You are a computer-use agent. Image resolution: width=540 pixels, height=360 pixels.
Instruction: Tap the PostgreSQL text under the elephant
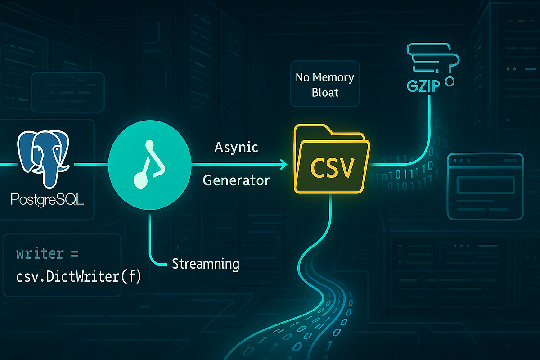(48, 199)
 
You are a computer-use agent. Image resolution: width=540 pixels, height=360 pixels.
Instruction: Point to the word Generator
(236, 180)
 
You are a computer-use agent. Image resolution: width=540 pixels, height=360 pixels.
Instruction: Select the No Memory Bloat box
(324, 85)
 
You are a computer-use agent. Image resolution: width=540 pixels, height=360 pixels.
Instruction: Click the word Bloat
(325, 93)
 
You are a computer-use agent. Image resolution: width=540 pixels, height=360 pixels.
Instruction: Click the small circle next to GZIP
(449, 82)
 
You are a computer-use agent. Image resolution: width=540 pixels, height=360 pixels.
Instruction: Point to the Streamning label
(206, 264)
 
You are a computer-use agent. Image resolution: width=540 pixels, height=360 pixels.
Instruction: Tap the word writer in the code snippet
(40, 253)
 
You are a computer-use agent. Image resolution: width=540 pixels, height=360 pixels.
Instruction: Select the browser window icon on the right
(485, 186)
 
